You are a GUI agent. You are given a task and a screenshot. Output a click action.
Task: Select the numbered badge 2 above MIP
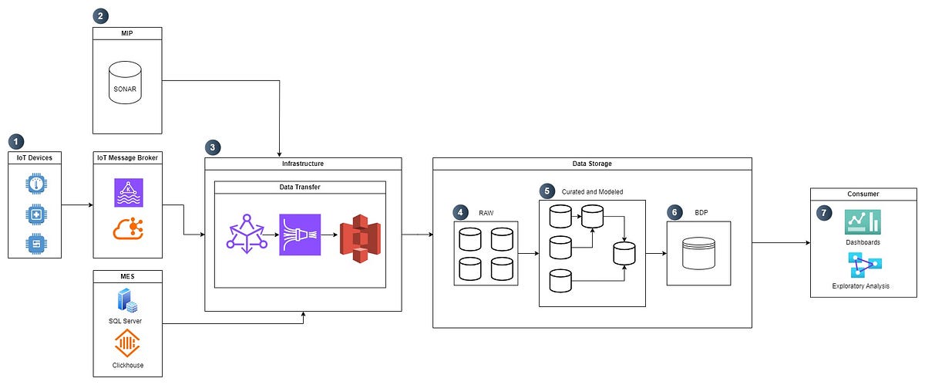coord(100,15)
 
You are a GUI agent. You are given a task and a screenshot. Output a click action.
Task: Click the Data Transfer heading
coord(300,187)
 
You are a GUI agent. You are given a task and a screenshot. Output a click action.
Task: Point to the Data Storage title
coord(591,164)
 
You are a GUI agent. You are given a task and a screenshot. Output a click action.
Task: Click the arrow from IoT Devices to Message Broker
coord(76,205)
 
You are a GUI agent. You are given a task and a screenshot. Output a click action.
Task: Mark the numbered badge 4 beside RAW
coord(460,211)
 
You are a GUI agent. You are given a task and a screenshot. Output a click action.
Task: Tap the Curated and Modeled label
coord(592,191)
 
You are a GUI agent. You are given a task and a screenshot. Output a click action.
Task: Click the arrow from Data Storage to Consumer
coord(780,243)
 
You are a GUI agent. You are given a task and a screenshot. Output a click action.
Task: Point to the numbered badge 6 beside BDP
coord(674,211)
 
